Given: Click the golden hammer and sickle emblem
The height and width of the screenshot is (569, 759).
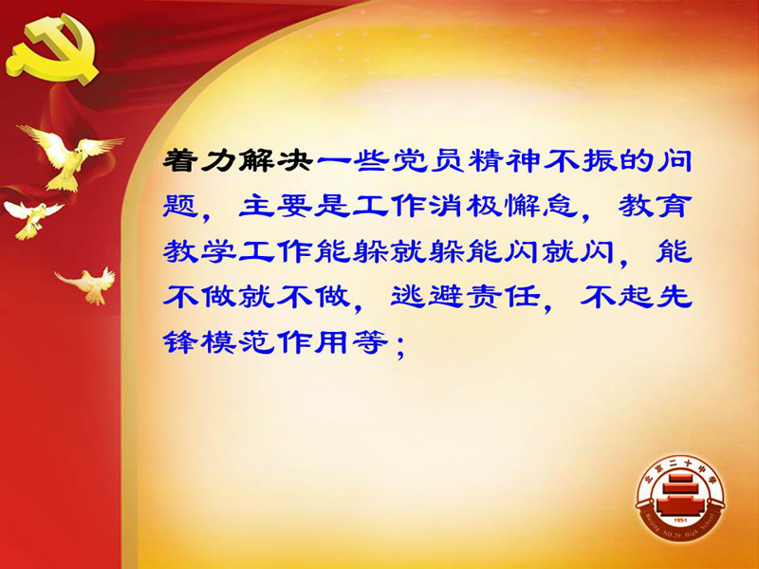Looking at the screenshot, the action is [52, 48].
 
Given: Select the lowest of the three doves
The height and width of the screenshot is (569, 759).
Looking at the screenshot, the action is [88, 284].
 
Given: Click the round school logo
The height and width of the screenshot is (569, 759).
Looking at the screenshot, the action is [680, 498].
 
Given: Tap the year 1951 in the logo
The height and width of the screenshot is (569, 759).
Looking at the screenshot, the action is [680, 520].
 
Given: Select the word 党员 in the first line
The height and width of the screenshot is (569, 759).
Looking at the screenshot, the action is [426, 160].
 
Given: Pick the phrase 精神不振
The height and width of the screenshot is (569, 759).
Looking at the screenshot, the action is [541, 160].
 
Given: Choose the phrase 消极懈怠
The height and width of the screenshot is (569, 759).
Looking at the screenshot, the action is [503, 206].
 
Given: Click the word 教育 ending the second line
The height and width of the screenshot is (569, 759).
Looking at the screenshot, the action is [655, 206].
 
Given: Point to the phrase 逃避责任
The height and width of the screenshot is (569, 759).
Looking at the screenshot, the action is [465, 296].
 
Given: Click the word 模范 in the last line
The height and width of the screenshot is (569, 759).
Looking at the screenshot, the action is [238, 342].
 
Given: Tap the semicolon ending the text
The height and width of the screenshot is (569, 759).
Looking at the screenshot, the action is [399, 345].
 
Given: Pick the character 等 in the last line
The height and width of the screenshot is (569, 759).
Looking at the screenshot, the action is [370, 342].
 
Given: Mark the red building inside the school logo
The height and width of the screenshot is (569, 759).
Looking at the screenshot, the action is [680, 494].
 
